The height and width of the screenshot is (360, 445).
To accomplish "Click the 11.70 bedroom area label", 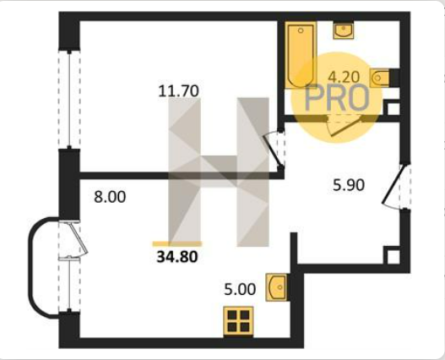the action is [x=179, y=91].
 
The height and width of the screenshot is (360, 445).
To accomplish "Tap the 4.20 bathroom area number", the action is [x=344, y=77].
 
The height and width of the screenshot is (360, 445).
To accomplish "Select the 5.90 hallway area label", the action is [x=349, y=185].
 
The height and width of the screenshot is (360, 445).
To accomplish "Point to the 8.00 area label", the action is [x=110, y=197].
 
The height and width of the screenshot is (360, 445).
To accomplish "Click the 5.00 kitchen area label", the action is [x=240, y=290].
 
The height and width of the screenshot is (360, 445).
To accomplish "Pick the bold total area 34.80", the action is [x=177, y=257].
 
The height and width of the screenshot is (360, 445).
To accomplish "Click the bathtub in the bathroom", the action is [x=301, y=55].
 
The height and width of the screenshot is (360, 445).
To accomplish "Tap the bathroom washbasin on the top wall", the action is [x=344, y=30].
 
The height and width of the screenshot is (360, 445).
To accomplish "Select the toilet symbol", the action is [x=380, y=78].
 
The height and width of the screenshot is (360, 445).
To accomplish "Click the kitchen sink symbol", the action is [x=276, y=287].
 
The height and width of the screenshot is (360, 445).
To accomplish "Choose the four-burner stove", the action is [x=238, y=321].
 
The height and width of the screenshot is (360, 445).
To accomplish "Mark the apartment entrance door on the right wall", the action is [x=396, y=186].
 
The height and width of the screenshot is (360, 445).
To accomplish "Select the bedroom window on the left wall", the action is [x=69, y=99].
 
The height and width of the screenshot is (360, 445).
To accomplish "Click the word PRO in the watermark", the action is [x=337, y=98].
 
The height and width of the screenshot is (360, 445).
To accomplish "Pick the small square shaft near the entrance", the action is [x=393, y=256].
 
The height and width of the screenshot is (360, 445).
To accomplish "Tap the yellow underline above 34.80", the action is [x=177, y=243].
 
